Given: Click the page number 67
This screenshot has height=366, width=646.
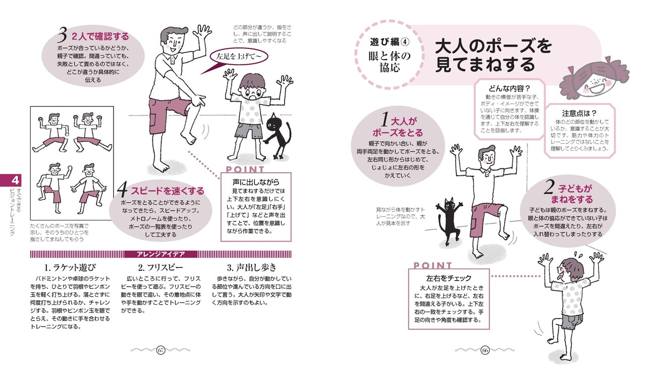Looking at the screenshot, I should (161, 350).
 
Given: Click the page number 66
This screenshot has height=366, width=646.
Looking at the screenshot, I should (485, 350).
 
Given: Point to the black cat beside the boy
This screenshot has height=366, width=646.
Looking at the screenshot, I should (277, 134).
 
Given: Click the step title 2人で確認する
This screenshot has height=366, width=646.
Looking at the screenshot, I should (100, 37).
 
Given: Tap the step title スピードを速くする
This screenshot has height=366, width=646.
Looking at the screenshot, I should (168, 191).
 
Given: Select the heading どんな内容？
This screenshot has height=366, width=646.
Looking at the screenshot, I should (506, 88).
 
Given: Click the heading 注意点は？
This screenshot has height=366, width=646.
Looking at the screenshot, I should (579, 113).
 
